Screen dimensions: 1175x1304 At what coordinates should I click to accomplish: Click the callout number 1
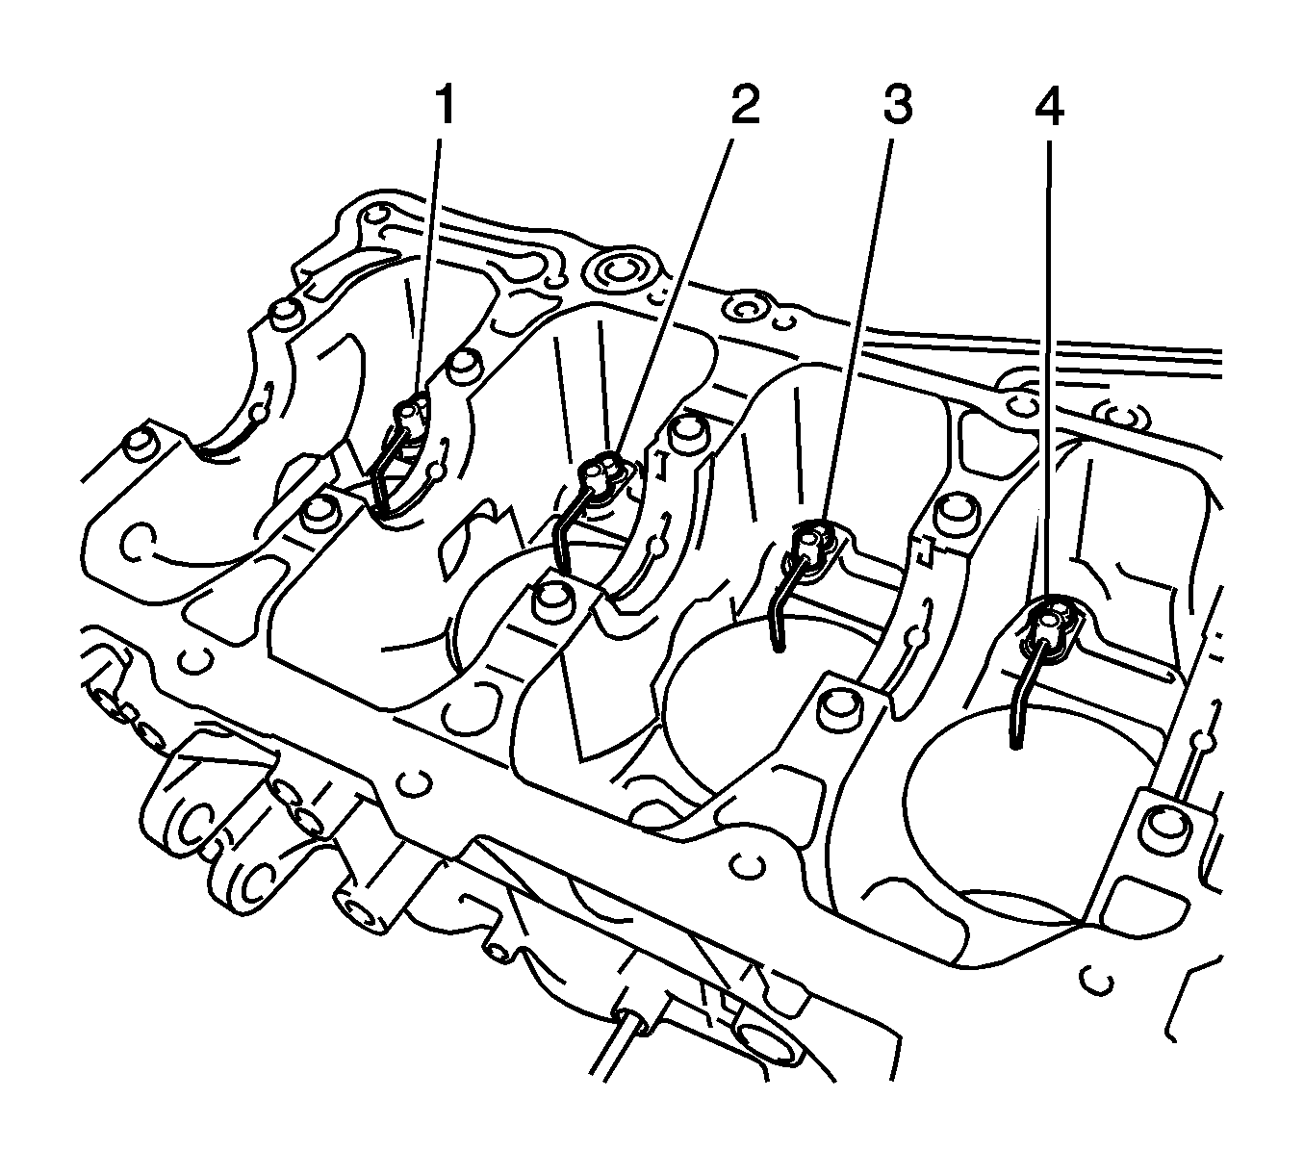coord(444,107)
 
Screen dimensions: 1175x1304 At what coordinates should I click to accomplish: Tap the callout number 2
coord(741,106)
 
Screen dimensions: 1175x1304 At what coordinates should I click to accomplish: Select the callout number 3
coord(895,107)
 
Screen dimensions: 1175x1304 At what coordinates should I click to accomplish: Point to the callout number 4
coord(1049,107)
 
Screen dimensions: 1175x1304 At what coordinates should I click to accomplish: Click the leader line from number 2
coord(674,289)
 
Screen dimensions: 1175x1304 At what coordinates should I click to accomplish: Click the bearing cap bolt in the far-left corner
coord(141,444)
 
